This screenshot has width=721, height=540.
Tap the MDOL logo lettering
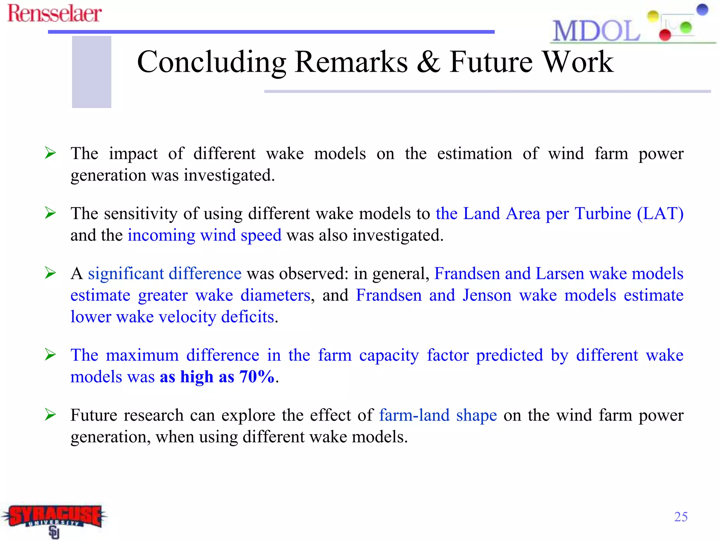click(596, 31)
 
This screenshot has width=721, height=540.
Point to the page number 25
click(681, 517)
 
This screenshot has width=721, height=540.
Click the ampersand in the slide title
click(428, 62)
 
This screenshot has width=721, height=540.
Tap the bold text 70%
click(257, 377)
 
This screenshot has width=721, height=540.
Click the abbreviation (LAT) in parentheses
click(660, 213)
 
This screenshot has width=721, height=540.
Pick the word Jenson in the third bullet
click(487, 295)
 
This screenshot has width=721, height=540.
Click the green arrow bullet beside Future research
click(50, 415)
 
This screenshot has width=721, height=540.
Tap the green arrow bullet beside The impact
click(50, 153)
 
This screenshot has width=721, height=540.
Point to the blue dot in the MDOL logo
click(702, 9)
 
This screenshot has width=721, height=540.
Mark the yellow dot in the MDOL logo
click(653, 16)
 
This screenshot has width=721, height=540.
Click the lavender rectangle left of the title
click(92, 72)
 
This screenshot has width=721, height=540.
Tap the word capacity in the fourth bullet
click(389, 355)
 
